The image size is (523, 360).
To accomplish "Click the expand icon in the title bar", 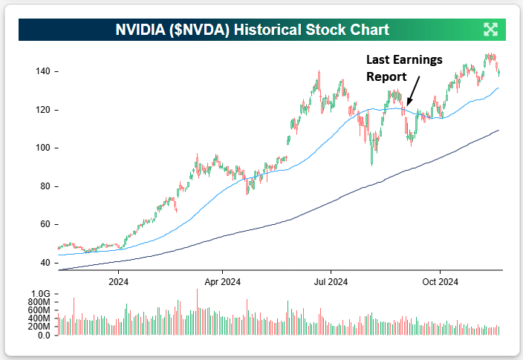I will pos(490,30).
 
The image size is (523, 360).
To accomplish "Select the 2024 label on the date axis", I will pos(118,281).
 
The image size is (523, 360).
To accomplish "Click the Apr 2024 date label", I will pos(221,281).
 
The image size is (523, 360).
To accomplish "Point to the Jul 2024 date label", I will pos(331,281).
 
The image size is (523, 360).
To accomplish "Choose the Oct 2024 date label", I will pos(440,281).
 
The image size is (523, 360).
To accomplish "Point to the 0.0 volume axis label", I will pos(43,336).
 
